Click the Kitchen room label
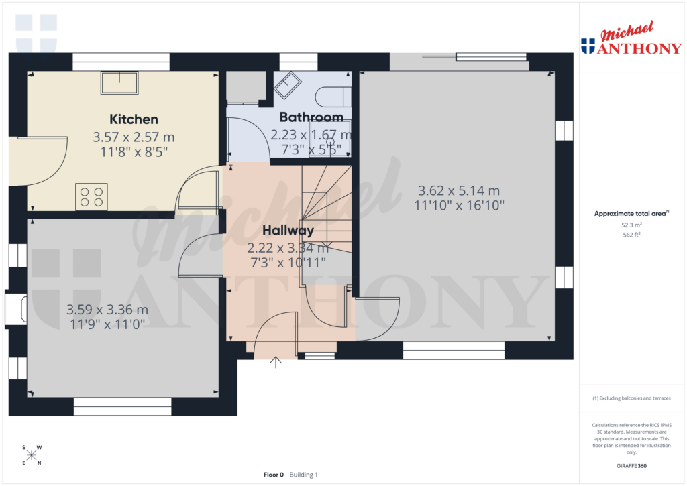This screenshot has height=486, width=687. pos(134,119)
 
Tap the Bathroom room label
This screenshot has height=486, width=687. pos(311,117)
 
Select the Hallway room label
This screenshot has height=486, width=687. pos(288,231)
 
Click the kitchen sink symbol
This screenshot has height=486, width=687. pos(119,83)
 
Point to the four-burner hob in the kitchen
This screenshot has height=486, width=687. pos(91,196)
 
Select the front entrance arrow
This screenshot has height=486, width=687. pos(276,363)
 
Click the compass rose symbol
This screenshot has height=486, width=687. pos(32,455)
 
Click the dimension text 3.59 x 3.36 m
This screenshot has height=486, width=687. pos(107,310)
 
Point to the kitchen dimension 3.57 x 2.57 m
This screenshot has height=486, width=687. pos(134,137)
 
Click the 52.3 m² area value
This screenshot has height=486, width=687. pos(632,226)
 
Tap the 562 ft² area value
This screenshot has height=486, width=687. pos(632,235)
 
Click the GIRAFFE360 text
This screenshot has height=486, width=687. pos(632,465)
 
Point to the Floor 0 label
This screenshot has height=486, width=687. pos(274,475)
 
